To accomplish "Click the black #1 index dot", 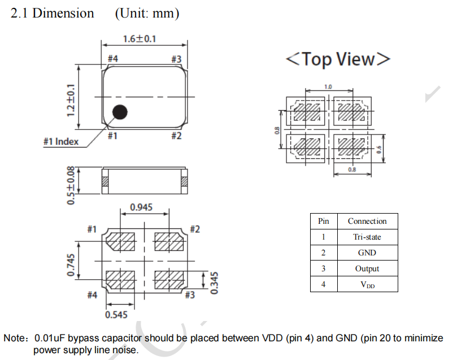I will point(119,112).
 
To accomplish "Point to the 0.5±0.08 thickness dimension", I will point(71,185).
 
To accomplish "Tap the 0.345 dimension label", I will point(214,281).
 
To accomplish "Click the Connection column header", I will point(367,221).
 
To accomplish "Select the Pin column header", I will point(323,221).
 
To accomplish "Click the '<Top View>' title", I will point(338,59).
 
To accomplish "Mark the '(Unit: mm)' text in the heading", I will point(147,13).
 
